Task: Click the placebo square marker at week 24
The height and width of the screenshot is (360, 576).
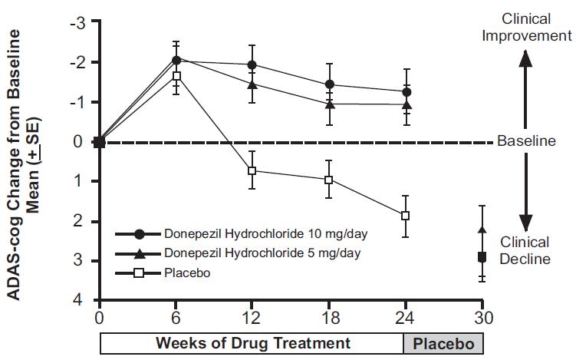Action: click(405, 216)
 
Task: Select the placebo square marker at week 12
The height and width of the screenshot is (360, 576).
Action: click(252, 170)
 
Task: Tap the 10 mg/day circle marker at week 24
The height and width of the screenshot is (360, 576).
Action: click(405, 92)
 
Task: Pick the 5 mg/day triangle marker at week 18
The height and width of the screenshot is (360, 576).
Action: click(329, 104)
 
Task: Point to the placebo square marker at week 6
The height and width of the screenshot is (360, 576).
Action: click(176, 76)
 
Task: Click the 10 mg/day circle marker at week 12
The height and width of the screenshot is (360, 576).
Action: click(252, 65)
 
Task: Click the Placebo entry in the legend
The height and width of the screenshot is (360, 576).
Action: click(186, 272)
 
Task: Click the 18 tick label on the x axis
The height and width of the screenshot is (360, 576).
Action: click(329, 315)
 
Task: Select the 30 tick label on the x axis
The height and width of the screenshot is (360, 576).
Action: click(482, 315)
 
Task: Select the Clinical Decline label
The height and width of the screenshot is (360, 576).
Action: click(525, 250)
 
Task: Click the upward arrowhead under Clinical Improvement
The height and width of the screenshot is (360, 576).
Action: click(525, 57)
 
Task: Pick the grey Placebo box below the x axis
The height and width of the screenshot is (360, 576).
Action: click(444, 342)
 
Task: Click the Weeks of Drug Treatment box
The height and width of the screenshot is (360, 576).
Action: click(252, 342)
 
